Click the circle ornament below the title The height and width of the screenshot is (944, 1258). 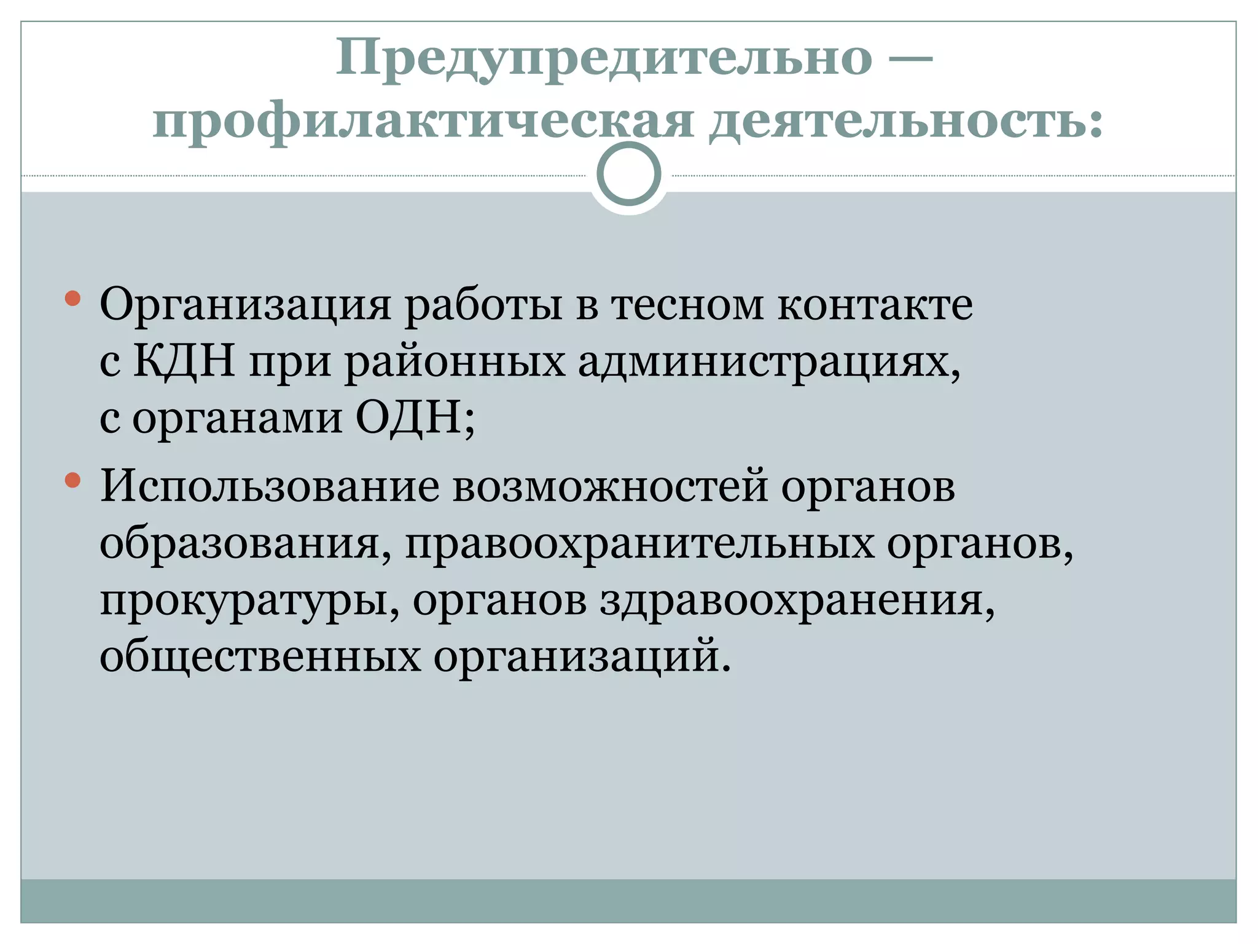pyautogui.click(x=628, y=175)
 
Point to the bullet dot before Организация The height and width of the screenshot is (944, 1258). pyautogui.click(x=73, y=299)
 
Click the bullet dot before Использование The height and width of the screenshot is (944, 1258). pyautogui.click(x=73, y=480)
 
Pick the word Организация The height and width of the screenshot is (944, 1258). pyautogui.click(x=245, y=305)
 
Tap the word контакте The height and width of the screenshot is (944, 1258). pyautogui.click(x=875, y=305)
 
